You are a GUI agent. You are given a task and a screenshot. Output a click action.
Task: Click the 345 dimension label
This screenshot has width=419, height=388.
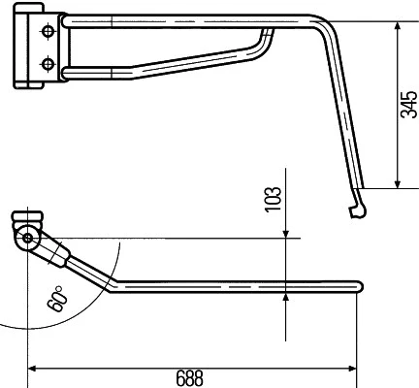coord(408,105)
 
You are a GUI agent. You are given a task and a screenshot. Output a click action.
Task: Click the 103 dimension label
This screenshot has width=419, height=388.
coord(273,199)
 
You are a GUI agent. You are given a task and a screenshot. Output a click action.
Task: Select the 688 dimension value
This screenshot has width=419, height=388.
coord(190,378)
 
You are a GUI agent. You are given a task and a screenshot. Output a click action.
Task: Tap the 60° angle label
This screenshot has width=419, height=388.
coord(57,299)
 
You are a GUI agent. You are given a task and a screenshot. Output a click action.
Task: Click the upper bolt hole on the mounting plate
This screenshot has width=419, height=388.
coord(48,31)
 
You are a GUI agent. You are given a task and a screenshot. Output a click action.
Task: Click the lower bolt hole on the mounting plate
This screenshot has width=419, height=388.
coord(48,63)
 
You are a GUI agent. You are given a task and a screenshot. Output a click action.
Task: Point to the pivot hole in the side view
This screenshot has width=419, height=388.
coord(28,239)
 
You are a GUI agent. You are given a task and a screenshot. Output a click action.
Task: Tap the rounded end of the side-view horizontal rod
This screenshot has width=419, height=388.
coord(359,287)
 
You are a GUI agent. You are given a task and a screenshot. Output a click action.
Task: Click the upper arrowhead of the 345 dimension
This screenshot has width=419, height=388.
coord(398,26)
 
